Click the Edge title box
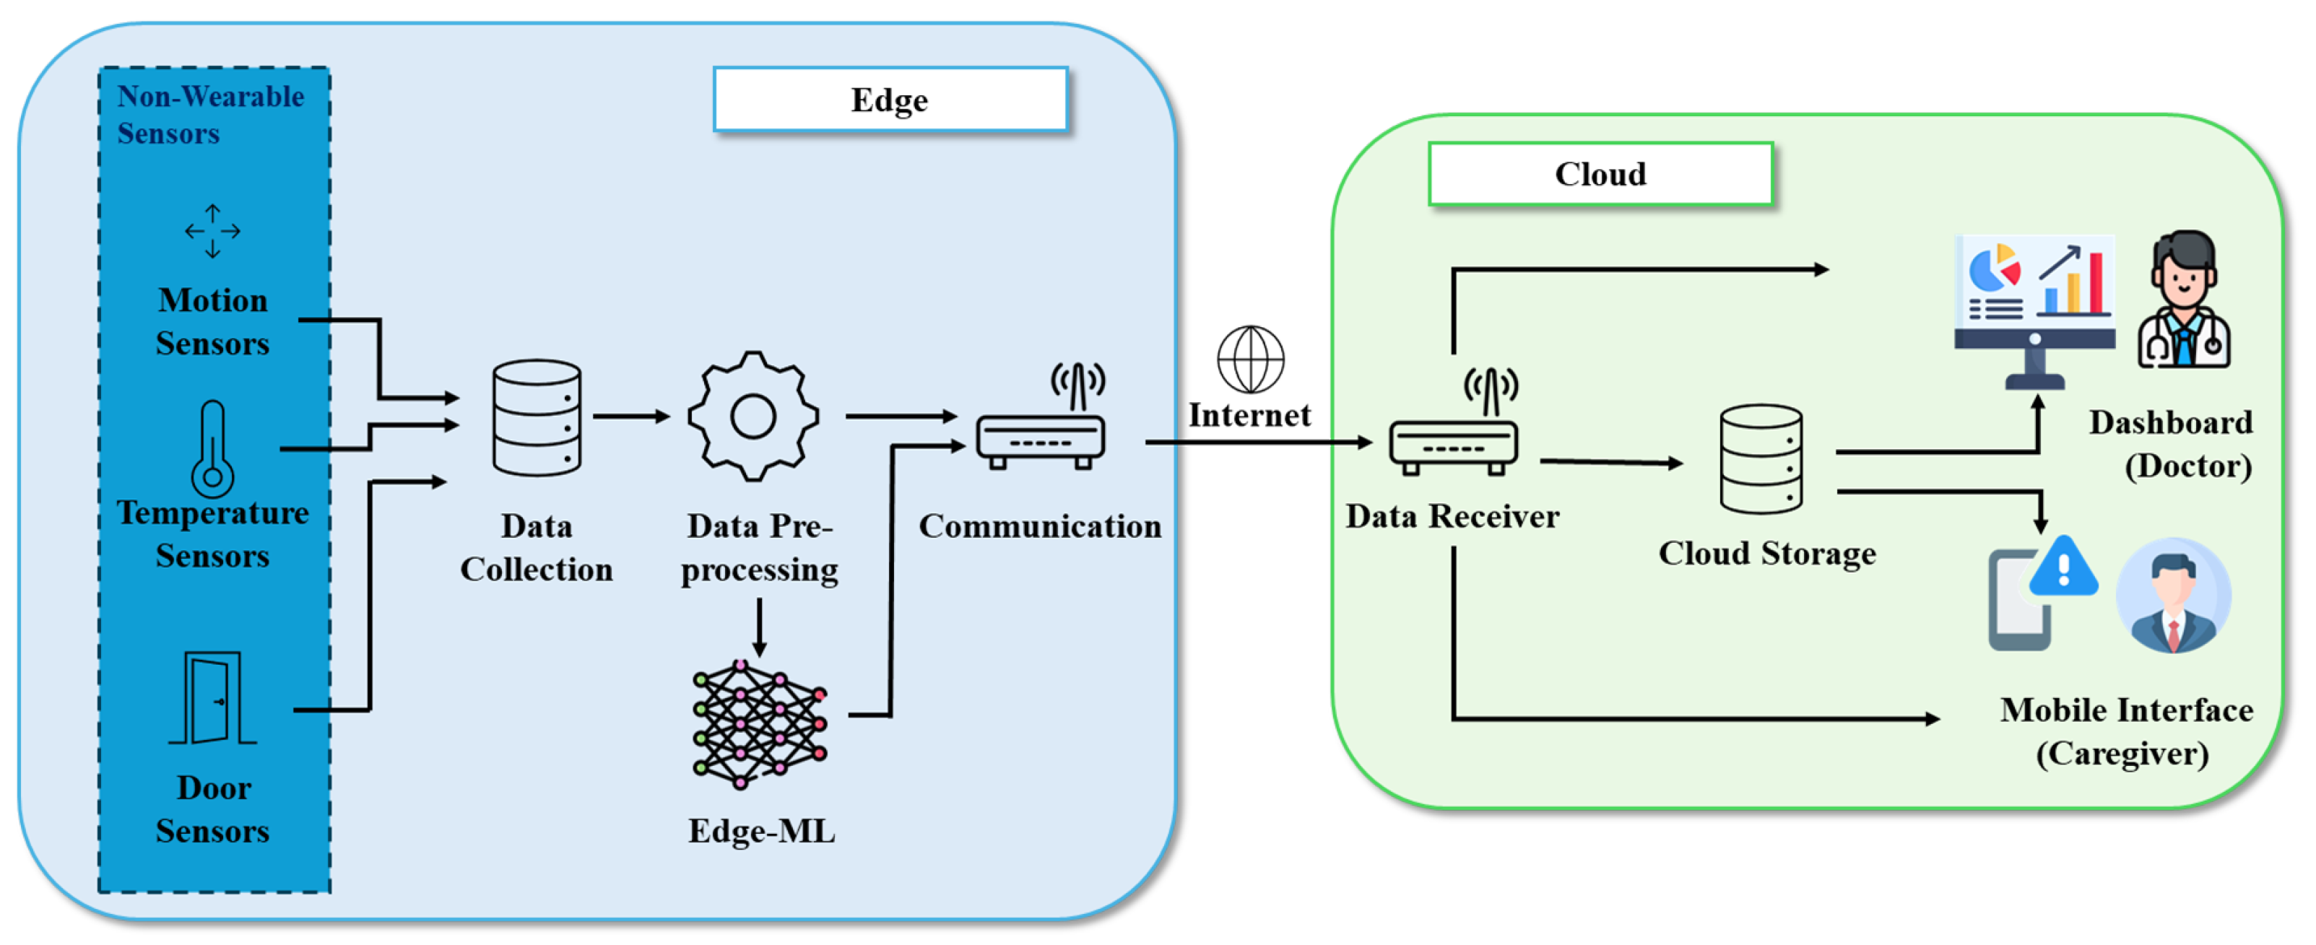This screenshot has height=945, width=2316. click(890, 99)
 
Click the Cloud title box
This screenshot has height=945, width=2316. click(1600, 173)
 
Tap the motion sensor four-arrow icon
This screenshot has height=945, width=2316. click(212, 231)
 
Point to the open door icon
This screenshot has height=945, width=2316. click(213, 697)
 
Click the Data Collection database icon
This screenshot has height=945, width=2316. click(537, 417)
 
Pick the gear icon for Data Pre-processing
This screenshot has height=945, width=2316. click(753, 417)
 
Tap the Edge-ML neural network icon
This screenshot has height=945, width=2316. click(760, 725)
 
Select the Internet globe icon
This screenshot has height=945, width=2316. click(1251, 359)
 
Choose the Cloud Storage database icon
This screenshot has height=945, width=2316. click(1761, 458)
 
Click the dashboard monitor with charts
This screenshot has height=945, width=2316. click(2034, 311)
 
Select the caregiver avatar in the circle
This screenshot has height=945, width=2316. click(2173, 596)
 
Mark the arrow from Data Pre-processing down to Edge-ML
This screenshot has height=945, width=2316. click(760, 627)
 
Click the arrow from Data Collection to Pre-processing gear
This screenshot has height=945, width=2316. click(632, 417)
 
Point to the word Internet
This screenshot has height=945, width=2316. click(1249, 414)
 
